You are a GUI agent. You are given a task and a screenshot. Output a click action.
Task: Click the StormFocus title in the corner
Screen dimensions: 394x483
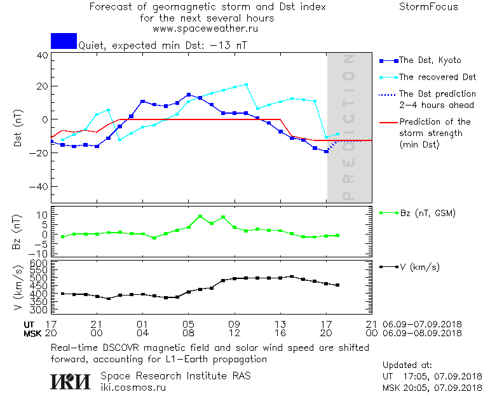(428, 7)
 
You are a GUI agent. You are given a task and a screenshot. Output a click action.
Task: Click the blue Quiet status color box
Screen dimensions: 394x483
(64, 41)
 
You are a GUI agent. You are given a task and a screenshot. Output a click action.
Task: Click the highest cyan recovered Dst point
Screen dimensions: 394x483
(246, 85)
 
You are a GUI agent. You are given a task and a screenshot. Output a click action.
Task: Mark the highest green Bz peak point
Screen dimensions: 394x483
(200, 217)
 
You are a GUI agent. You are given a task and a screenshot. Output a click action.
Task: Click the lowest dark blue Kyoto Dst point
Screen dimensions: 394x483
(327, 151)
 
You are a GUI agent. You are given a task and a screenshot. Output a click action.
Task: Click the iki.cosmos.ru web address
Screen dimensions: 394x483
(134, 386)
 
